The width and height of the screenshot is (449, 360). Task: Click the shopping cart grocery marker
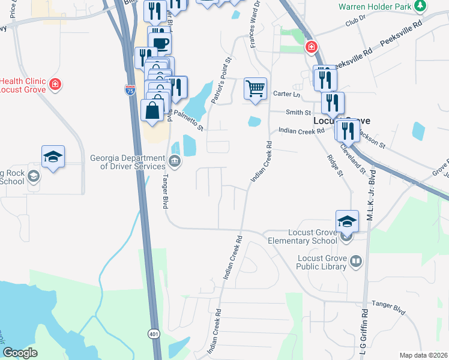pyautogui.click(x=255, y=89)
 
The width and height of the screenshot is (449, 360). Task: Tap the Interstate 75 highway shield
pyautogui.click(x=130, y=90)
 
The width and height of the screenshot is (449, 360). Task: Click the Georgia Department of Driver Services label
pyautogui.click(x=127, y=162)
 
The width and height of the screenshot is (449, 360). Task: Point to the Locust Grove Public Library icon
pyautogui.click(x=356, y=262)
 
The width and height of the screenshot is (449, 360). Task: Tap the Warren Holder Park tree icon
pyautogui.click(x=421, y=6)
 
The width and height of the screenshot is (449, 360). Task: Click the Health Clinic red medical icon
pyautogui.click(x=55, y=83)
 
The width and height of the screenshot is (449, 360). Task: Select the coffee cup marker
pyautogui.click(x=160, y=43)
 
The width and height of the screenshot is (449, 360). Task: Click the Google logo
pyautogui.click(x=20, y=352)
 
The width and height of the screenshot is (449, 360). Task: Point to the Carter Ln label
pyautogui.click(x=286, y=94)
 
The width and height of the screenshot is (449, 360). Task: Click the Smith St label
pyautogui.click(x=298, y=112)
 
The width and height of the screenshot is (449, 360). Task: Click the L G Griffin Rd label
pyautogui.click(x=364, y=333)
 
